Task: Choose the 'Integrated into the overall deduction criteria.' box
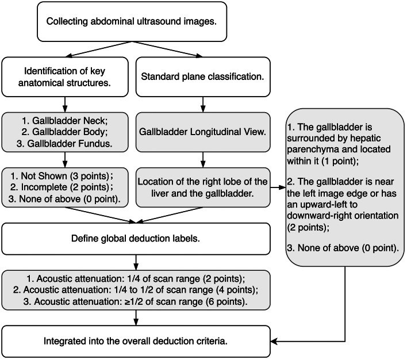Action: click(137, 342)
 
